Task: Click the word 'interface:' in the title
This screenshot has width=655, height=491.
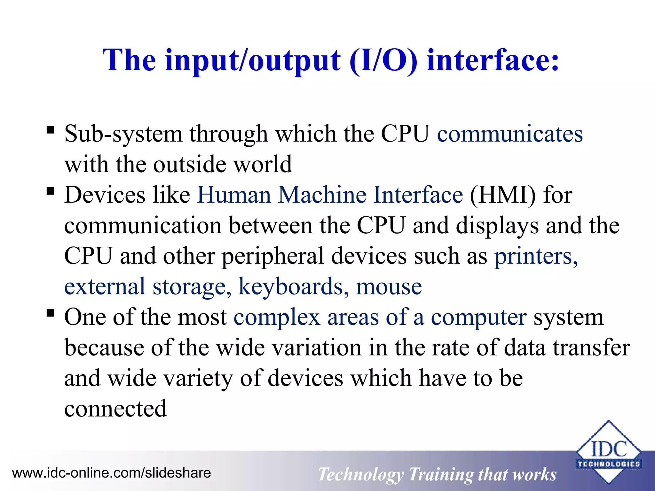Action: click(x=493, y=60)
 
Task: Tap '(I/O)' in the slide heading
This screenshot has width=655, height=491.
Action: click(x=383, y=60)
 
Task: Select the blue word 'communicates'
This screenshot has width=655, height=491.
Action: click(x=510, y=134)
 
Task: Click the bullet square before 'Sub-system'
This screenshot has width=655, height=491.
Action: click(x=51, y=130)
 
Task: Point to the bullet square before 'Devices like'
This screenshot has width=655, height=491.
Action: click(x=51, y=191)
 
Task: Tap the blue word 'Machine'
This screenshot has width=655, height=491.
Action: click(x=322, y=195)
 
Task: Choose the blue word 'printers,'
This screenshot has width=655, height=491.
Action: click(x=536, y=256)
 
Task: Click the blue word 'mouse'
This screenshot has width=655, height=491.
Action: click(x=389, y=287)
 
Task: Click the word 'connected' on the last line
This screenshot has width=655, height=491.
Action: click(x=115, y=409)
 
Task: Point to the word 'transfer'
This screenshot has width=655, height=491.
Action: click(x=591, y=348)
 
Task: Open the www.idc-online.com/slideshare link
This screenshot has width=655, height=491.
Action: click(x=112, y=473)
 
